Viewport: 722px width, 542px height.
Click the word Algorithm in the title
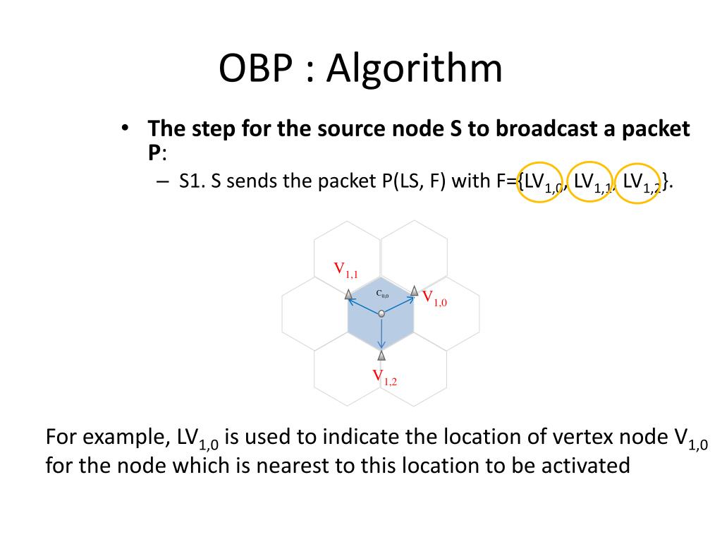(x=415, y=70)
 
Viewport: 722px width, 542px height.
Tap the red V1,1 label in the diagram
(x=345, y=269)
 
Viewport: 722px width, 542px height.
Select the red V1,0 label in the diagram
(x=434, y=298)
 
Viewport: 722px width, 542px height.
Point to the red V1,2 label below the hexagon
(x=385, y=377)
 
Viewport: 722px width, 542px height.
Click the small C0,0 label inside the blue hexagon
(x=382, y=294)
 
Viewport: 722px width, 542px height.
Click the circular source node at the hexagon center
(x=381, y=313)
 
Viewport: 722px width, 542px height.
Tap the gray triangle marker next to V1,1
(x=348, y=294)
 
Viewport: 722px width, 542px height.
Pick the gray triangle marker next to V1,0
(x=415, y=291)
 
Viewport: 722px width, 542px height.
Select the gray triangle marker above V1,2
(x=381, y=355)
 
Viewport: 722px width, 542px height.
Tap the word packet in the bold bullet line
(x=652, y=129)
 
